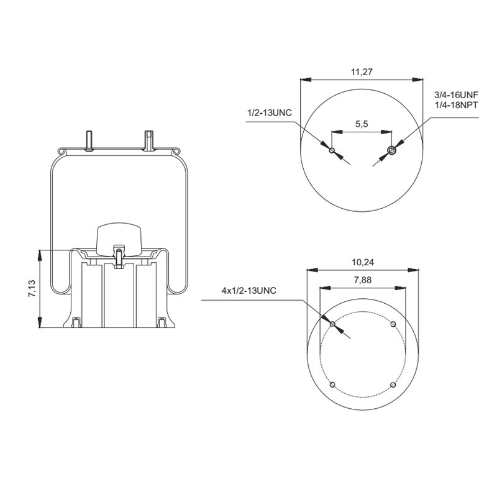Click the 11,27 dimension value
click(x=362, y=72)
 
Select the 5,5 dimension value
click(x=362, y=124)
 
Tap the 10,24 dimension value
click(x=362, y=262)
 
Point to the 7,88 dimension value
click(x=362, y=280)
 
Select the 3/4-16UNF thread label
click(x=455, y=95)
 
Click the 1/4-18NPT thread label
click(x=455, y=106)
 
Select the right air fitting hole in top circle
click(x=391, y=150)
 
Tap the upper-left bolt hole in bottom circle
click(x=332, y=324)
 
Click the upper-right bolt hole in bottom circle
click(x=393, y=324)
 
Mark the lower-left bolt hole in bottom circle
click(x=332, y=385)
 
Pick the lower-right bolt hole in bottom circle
click(x=393, y=385)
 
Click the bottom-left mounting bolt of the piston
click(x=76, y=323)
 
